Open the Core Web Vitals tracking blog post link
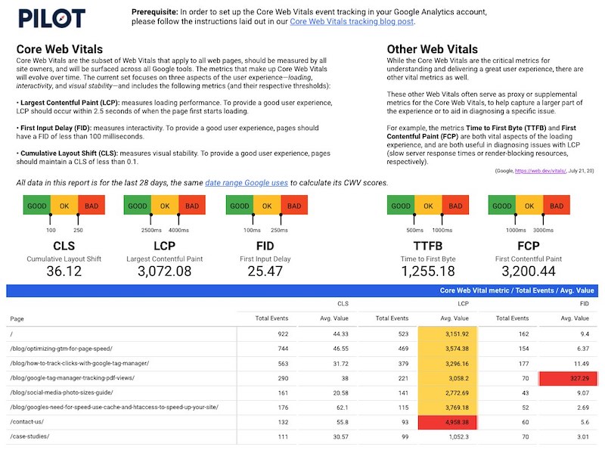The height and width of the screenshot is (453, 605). coord(352,22)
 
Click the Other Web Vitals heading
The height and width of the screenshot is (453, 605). coord(432,49)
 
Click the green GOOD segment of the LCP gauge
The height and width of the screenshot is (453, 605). coord(137,206)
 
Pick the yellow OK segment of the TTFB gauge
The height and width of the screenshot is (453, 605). coord(428,206)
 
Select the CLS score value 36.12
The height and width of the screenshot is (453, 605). coord(64,271)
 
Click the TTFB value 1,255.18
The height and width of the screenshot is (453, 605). coord(428,271)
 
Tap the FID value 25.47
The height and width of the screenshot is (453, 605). coord(254,271)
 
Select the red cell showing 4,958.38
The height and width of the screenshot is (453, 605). coord(448,422)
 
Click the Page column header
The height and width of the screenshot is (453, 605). coord(17,318)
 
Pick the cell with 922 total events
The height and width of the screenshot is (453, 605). coord(278,334)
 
